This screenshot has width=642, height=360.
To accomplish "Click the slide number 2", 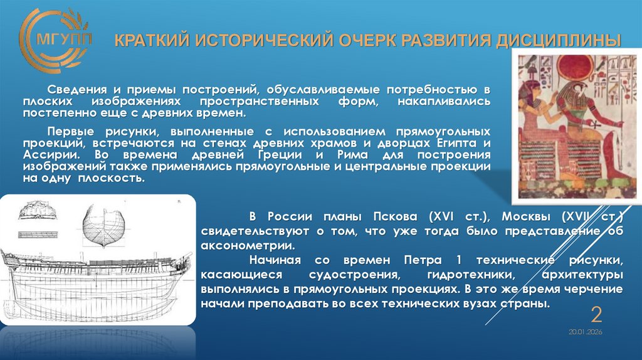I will (x=596, y=314).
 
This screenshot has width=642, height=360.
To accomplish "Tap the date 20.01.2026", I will (x=585, y=332).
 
